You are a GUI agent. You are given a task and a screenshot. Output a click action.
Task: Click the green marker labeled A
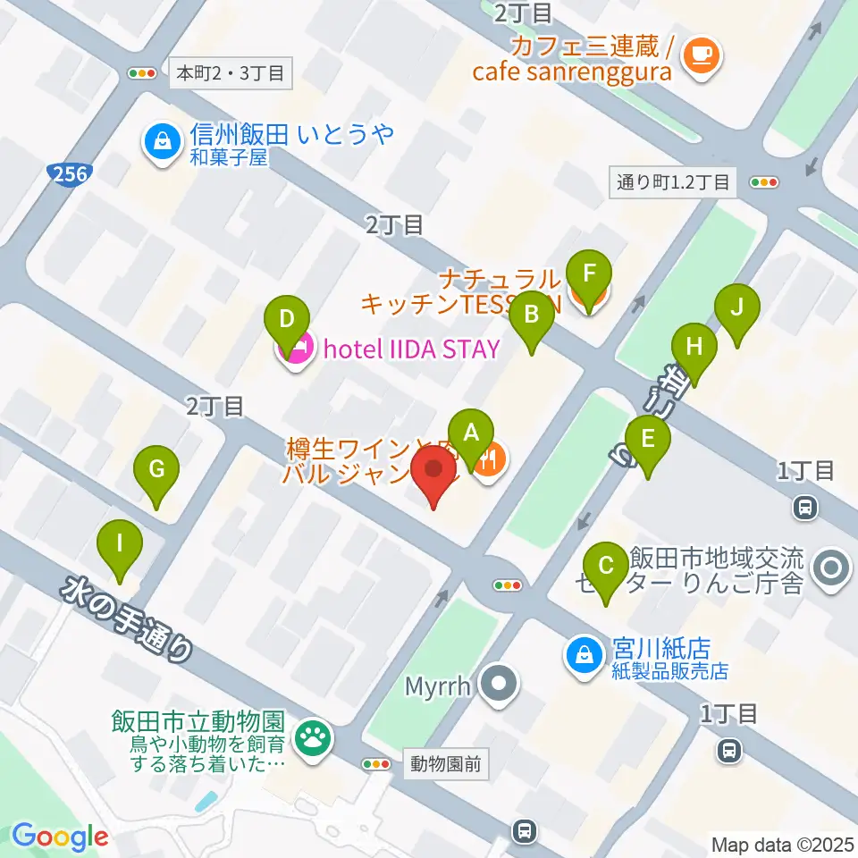coord(471,433)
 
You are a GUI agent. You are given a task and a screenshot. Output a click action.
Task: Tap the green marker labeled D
coord(287,319)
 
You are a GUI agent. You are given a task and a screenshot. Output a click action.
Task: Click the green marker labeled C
coord(606,566)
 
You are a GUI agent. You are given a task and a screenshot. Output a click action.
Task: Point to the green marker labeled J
coord(737,307)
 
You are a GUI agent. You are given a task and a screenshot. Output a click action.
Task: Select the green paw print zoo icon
coord(312,737)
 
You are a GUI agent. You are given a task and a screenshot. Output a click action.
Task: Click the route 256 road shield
coord(69,173)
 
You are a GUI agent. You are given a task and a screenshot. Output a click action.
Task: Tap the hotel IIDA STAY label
coord(410,349)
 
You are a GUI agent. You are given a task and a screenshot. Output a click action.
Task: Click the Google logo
coord(60,837)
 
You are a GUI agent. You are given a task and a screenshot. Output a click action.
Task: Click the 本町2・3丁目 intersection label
coord(231,73)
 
